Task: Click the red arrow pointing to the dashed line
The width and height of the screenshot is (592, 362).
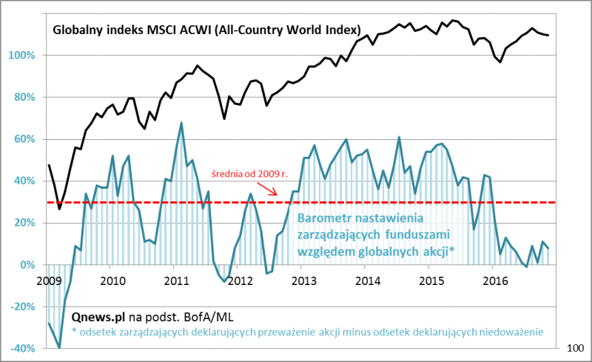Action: pyautogui.click(x=270, y=190)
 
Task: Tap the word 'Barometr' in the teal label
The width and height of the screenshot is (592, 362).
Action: pyautogui.click(x=324, y=218)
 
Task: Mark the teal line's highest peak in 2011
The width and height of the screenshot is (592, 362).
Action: pyautogui.click(x=181, y=123)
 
